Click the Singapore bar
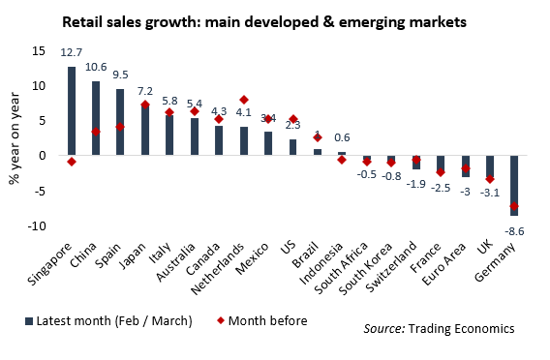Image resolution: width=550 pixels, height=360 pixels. click(x=72, y=110)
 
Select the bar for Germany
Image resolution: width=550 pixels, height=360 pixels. click(x=514, y=186)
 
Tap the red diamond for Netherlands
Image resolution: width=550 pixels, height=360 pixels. click(x=244, y=100)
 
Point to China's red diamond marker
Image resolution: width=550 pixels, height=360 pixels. click(x=96, y=132)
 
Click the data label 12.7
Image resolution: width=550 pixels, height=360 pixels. click(x=72, y=52)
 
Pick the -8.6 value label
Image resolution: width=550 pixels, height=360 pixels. click(x=514, y=231)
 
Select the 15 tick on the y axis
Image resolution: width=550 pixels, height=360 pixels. click(x=39, y=51)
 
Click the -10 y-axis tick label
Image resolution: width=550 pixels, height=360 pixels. click(x=37, y=226)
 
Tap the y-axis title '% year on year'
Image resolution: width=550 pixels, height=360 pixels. click(x=15, y=138)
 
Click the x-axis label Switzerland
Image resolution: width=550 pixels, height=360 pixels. click(x=392, y=267)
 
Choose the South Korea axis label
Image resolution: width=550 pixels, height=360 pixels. click(x=366, y=268)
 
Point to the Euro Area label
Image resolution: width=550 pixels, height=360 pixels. click(x=444, y=263)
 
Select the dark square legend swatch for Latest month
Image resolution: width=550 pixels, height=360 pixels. click(x=29, y=321)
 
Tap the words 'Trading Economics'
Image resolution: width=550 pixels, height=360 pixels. click(x=462, y=329)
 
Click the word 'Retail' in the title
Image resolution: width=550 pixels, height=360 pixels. click(x=82, y=22)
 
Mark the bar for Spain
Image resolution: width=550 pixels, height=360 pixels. click(x=120, y=122)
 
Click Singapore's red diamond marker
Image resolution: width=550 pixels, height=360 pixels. click(x=72, y=162)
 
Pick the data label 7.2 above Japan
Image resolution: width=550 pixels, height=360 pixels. click(x=145, y=92)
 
